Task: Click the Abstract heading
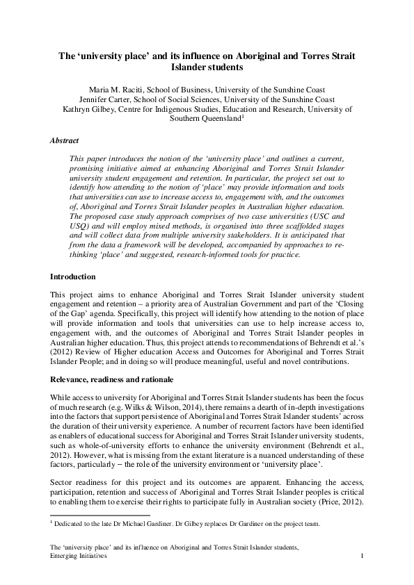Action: pos(65,140)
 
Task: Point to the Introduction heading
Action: pos(74,277)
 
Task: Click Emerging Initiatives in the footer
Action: pos(79,557)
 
